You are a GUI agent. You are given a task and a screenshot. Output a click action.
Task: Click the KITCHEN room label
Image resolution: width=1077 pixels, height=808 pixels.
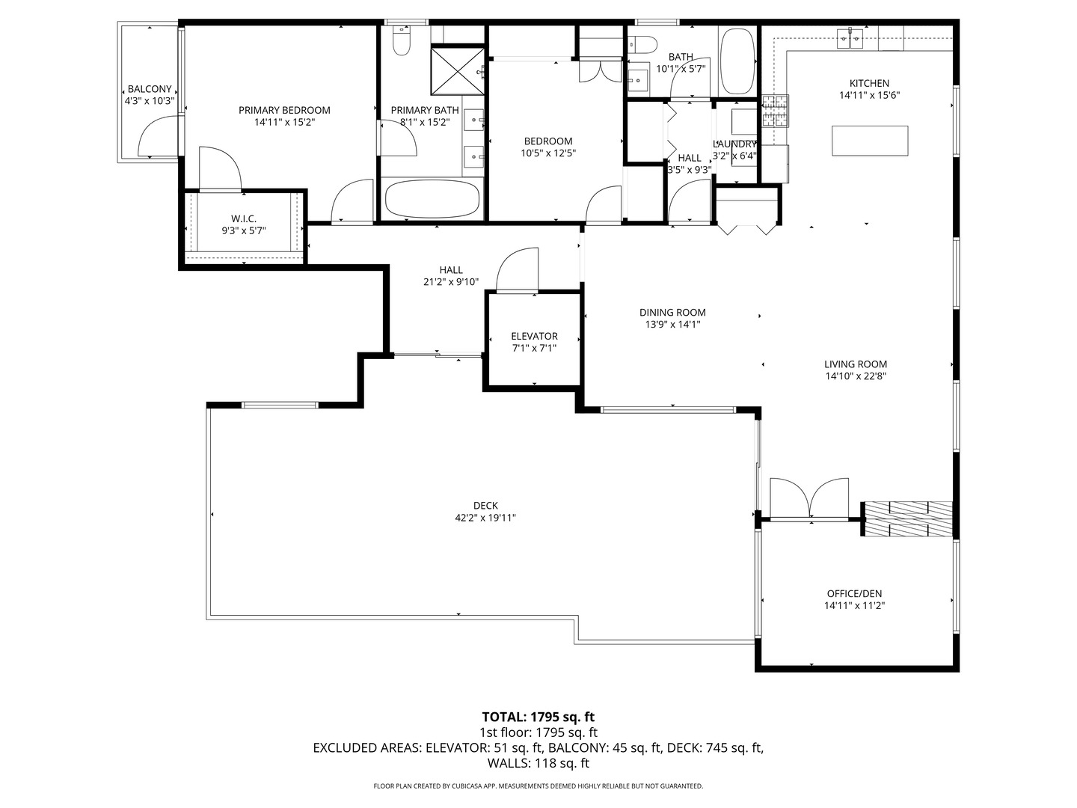pos(869,83)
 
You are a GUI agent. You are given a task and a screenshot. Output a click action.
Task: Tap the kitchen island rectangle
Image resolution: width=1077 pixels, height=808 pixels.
pos(869,141)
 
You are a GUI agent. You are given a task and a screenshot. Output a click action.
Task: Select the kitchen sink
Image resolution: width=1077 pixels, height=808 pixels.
pos(850,38)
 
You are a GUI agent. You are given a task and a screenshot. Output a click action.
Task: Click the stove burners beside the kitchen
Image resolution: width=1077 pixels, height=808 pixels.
pos(775,111)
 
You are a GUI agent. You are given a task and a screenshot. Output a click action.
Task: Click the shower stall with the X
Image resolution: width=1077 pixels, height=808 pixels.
pos(457,71)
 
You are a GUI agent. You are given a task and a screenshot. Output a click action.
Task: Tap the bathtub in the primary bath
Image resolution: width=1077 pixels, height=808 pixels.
pos(432,199)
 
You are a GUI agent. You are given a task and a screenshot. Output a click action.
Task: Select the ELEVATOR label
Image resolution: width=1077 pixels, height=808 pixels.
pos(534,336)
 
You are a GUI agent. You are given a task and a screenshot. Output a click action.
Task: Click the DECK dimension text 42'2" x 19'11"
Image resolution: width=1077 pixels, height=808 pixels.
pos(485,518)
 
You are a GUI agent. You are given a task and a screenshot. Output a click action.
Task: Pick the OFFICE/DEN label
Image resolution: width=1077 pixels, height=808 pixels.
pos(854,593)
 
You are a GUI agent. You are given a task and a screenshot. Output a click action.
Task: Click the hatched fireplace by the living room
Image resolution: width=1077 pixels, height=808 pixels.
pos(907,518)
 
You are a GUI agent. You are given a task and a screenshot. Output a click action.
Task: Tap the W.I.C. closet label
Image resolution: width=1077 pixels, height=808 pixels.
pos(244,218)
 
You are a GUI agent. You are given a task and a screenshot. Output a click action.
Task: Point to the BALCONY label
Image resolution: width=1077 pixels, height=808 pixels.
pos(150,89)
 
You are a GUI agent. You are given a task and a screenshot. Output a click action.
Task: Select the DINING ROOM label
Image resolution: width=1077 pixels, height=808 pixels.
pos(672,313)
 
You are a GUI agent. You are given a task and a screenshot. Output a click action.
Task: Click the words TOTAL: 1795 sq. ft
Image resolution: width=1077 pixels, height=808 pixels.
pos(538,717)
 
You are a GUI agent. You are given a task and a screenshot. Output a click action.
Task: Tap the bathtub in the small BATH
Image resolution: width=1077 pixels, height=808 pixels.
pos(738,61)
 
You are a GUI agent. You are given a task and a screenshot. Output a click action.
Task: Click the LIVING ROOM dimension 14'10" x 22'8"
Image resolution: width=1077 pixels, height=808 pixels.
pos(855,376)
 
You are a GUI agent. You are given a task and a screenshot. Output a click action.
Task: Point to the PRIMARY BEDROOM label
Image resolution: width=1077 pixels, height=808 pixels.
pos(284,111)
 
